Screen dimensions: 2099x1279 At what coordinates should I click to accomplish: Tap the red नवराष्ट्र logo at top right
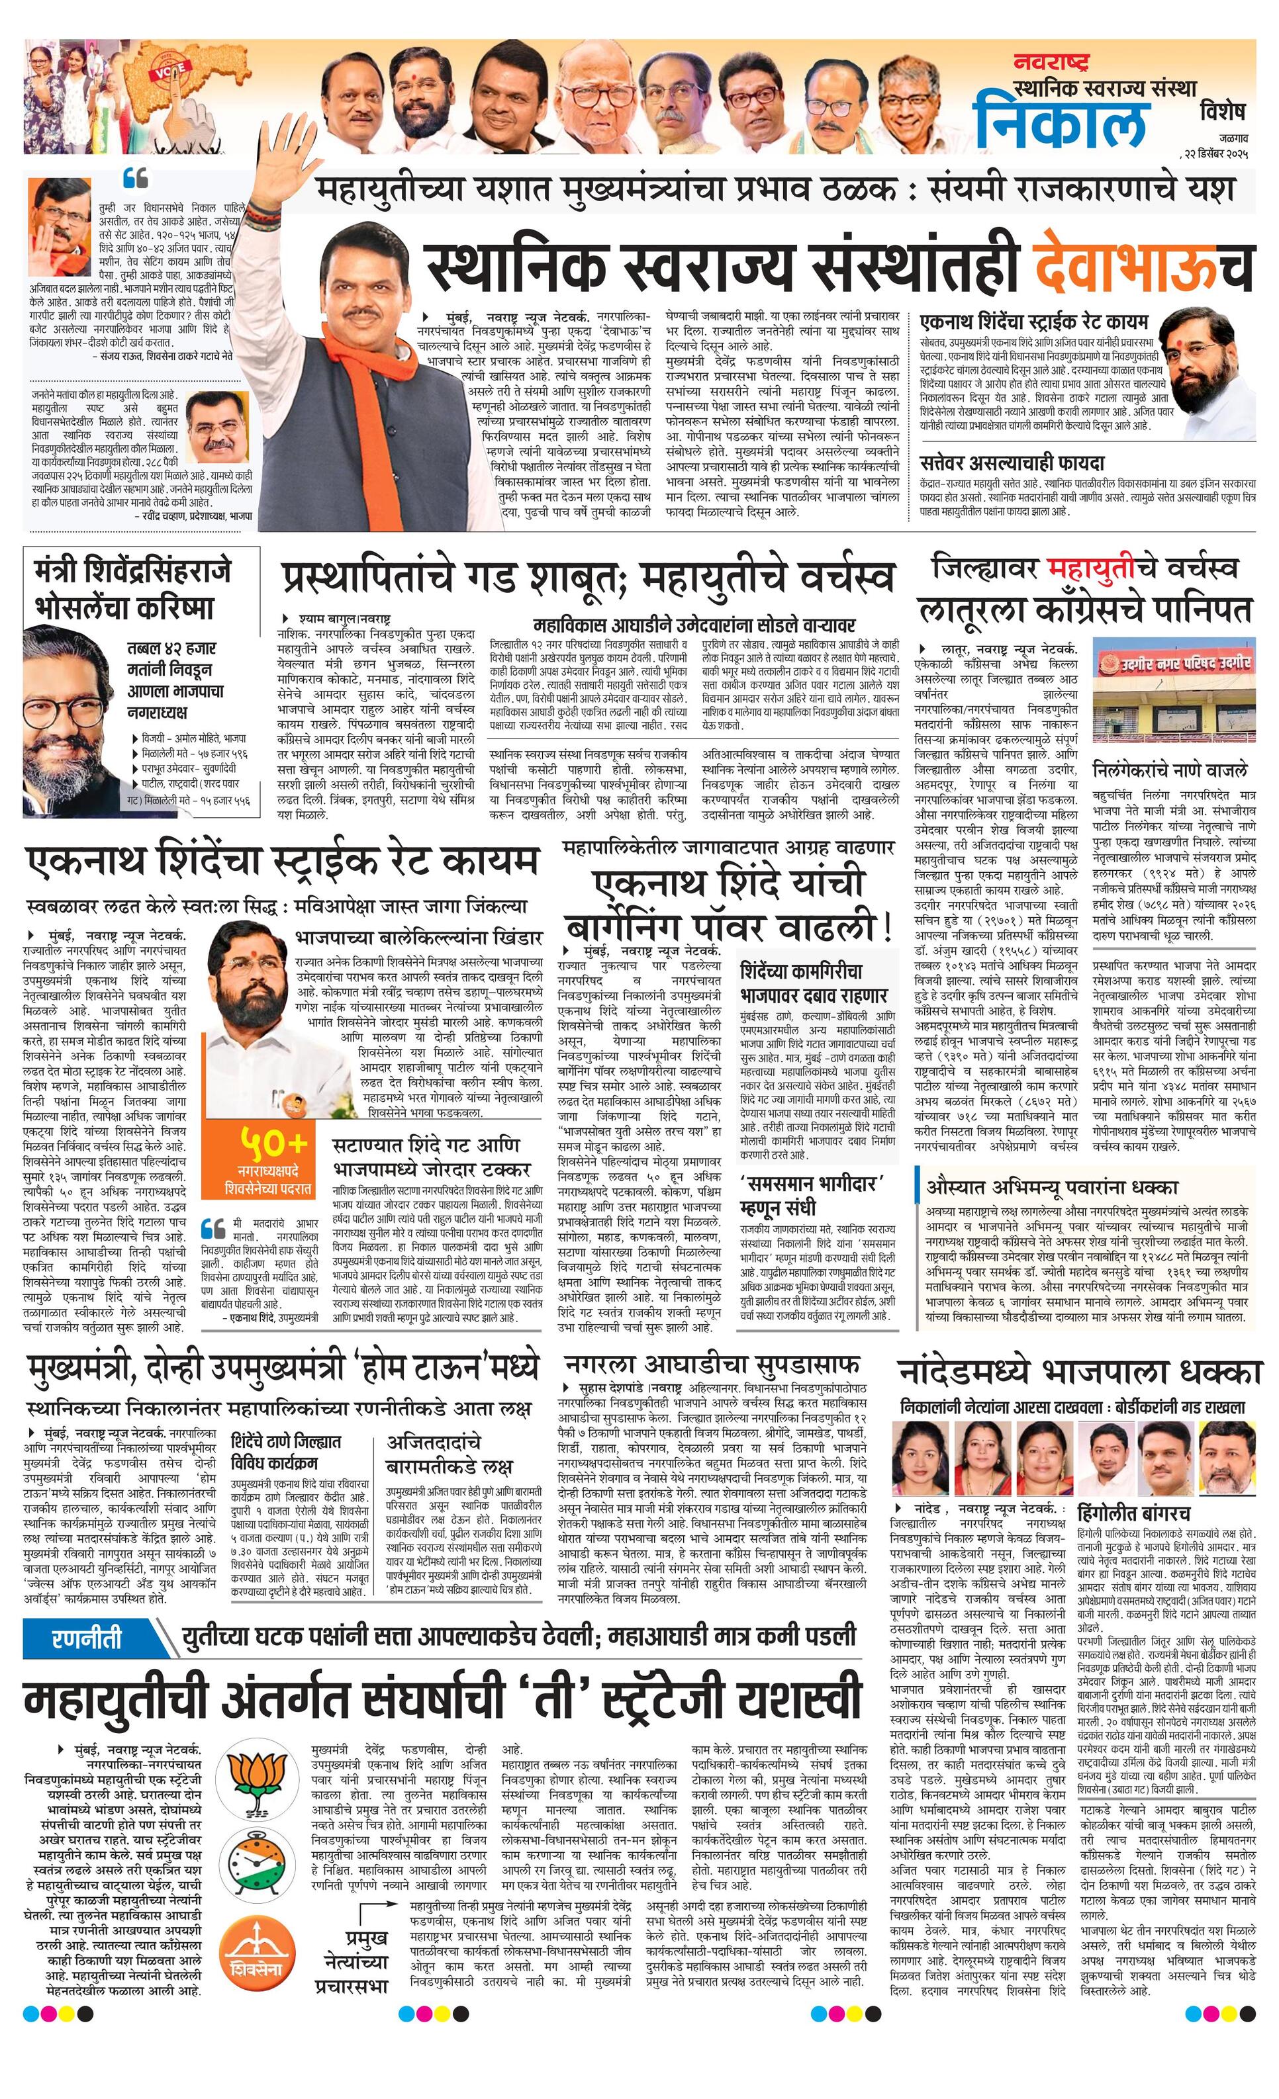tap(1051, 62)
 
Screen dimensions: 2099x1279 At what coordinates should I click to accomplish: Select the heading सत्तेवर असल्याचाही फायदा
tap(1012, 463)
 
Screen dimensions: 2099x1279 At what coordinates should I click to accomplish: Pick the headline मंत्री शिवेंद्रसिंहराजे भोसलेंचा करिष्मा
tap(132, 589)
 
